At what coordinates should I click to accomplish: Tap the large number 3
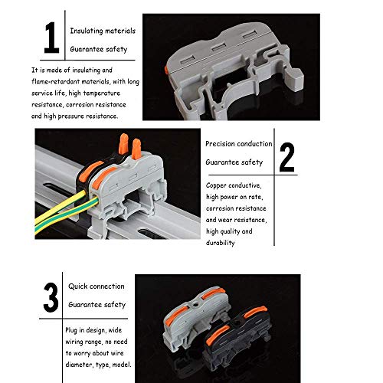(x=51, y=298)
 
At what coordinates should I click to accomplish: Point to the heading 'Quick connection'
(x=97, y=286)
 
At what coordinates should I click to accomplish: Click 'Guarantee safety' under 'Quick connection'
(x=97, y=305)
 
